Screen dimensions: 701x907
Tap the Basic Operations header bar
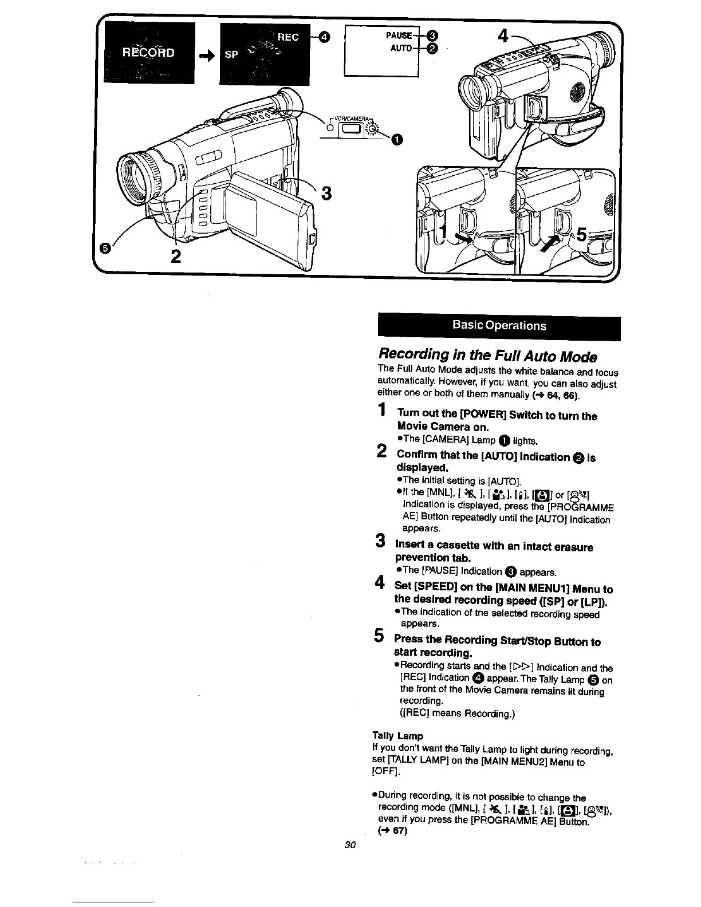coord(499,326)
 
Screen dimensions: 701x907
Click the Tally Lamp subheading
coord(397,736)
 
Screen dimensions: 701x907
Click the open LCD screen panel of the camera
coord(270,220)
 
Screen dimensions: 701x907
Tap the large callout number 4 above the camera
coord(503,40)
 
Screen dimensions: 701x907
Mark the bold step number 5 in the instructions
coord(379,635)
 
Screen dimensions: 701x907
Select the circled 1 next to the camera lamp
coord(397,139)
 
